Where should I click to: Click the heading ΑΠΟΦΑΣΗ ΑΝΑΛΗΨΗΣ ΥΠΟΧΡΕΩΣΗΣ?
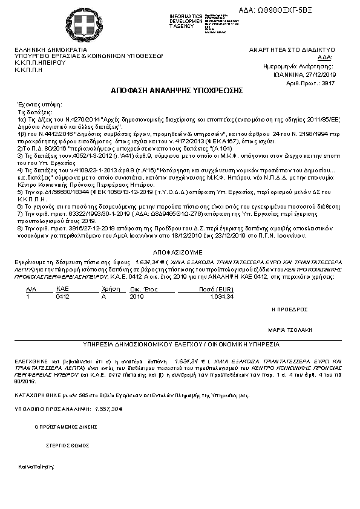(177, 90)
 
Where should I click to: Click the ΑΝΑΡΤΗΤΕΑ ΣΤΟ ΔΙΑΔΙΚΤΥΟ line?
(292, 50)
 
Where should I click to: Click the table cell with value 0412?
(62, 297)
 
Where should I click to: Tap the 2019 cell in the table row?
(137, 297)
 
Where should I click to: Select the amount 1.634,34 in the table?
(221, 297)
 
